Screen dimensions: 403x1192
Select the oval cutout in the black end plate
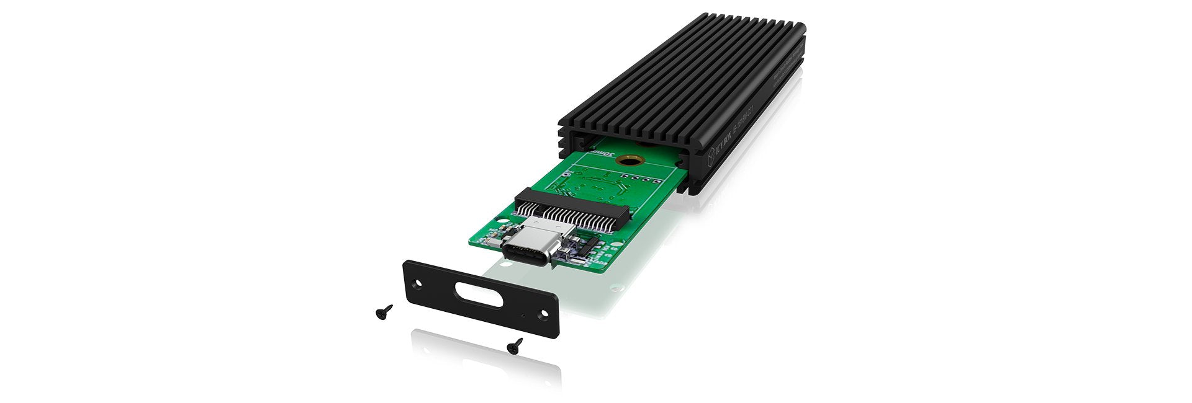point(474,294)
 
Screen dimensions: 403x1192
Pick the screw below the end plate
point(515,345)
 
